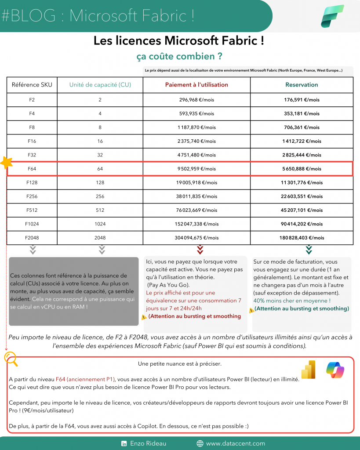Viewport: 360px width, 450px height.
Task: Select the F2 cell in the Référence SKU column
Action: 32,100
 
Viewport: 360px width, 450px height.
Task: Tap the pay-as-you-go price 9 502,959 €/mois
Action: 197,168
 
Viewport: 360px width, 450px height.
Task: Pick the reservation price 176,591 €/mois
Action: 302,100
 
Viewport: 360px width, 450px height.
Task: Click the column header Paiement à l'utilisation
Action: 196,85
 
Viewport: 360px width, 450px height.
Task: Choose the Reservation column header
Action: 301,85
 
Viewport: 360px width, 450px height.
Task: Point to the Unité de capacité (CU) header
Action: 100,85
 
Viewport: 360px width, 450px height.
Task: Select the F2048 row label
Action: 32,237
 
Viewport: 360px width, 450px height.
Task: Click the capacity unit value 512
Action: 100,210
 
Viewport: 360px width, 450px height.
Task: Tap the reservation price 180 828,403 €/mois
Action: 302,237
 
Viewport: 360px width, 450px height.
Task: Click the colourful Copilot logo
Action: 335,370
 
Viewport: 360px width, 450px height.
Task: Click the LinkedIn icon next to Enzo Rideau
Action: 124,443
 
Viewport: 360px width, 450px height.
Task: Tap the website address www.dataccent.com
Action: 235,443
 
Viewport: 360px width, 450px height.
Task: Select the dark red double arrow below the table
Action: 200,250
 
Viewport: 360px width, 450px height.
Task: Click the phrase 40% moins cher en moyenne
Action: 292,301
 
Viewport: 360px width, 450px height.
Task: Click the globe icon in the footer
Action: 200,443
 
